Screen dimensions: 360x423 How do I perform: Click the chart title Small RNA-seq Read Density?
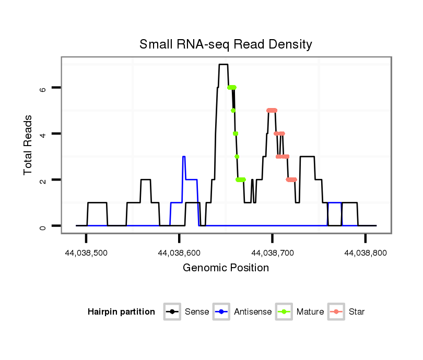[226, 44]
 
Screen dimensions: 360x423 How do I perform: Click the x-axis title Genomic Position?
[226, 268]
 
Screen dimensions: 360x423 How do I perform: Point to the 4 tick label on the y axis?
[43, 134]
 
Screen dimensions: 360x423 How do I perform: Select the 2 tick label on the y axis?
[43, 179]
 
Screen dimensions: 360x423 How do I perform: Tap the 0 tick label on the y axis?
[43, 226]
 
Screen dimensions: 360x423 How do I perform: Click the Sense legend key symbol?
[172, 312]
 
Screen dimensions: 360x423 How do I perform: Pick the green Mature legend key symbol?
[284, 312]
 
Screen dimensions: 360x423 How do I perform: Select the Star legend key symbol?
[337, 312]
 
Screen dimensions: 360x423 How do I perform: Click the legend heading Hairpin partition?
[121, 312]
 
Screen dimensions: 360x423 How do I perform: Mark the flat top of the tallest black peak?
[224, 65]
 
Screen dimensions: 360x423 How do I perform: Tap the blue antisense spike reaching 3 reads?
[184, 157]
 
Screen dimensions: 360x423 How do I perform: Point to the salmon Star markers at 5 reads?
[272, 110]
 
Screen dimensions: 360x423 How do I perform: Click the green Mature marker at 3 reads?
[237, 157]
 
